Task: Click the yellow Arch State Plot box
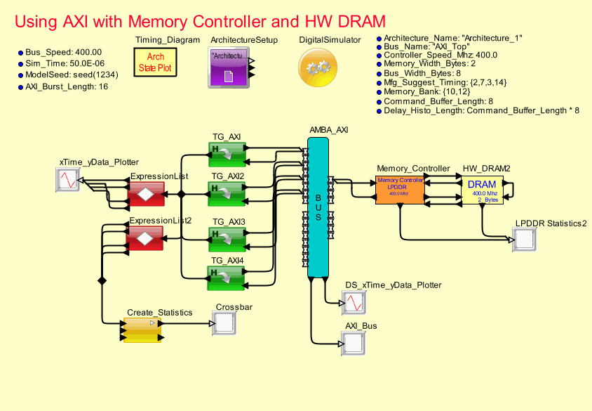tap(156, 63)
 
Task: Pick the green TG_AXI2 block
tap(227, 190)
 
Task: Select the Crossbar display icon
tap(224, 323)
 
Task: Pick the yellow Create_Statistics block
tap(143, 330)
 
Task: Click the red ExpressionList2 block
tap(144, 240)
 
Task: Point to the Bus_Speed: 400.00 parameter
tap(63, 52)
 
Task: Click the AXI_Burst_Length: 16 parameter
tap(66, 86)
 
